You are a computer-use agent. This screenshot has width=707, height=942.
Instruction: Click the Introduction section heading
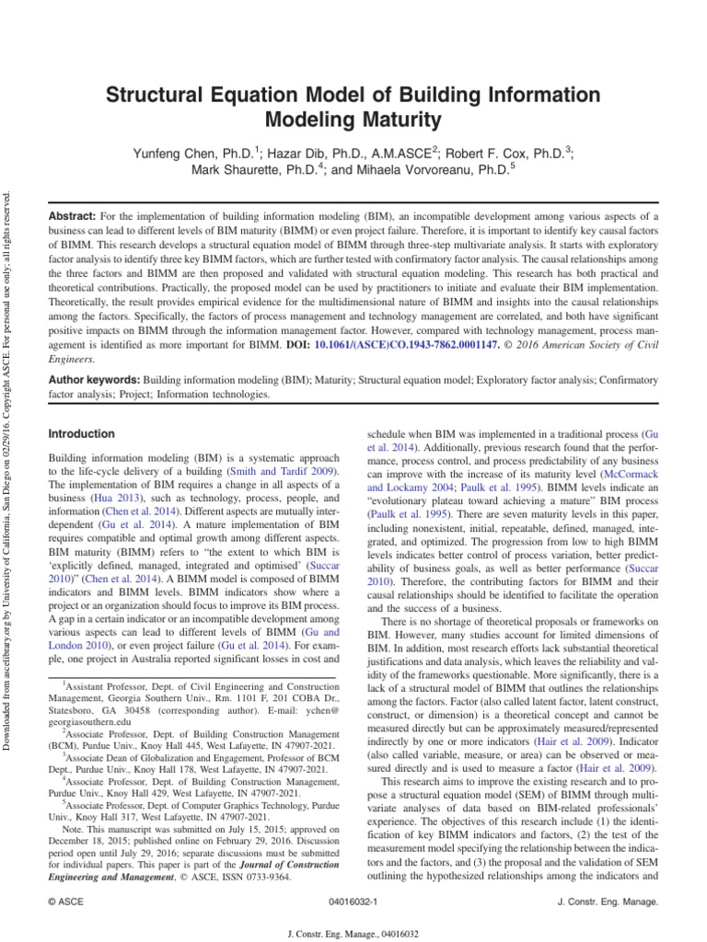(81, 433)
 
